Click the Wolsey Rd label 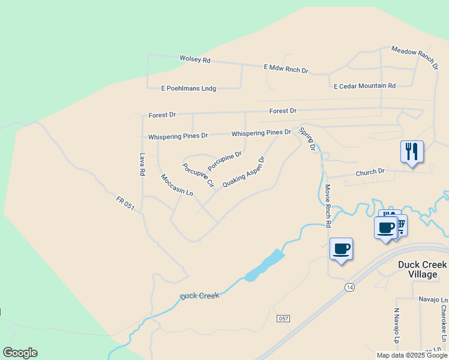coord(195,59)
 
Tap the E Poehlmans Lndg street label coord(188,88)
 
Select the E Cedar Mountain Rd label coord(364,86)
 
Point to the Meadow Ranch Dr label coord(414,58)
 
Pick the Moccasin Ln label coord(177,185)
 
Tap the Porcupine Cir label coord(199,175)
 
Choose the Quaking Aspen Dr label coord(244,172)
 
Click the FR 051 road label coord(125,205)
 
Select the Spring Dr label coord(307,140)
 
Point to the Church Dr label coord(370,172)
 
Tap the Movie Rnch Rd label coord(328,205)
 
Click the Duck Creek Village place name coord(423,269)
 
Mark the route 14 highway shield coord(349,288)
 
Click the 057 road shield coord(284,318)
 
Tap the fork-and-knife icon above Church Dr coord(412,151)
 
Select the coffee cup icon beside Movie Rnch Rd coord(341,248)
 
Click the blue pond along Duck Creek coord(264,266)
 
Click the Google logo coord(20,353)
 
